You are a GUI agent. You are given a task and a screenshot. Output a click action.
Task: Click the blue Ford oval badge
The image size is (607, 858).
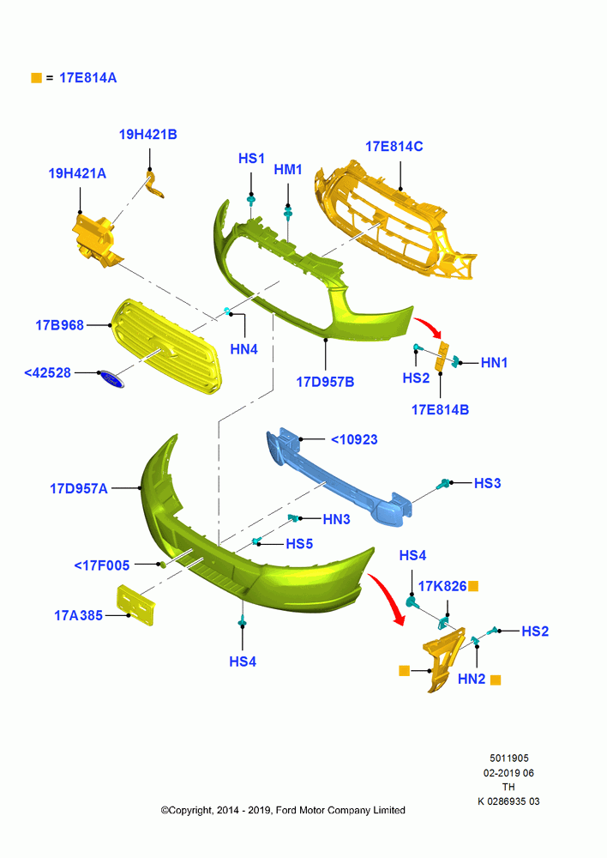pyautogui.click(x=111, y=378)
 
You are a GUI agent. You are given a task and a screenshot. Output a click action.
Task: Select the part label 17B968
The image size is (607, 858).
pyautogui.click(x=60, y=325)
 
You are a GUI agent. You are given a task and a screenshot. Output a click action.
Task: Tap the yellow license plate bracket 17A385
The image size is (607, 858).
pyautogui.click(x=136, y=605)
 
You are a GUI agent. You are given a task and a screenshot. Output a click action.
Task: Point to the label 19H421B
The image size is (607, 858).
pyautogui.click(x=148, y=135)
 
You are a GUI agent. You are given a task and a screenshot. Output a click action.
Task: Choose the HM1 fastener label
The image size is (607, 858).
pyautogui.click(x=288, y=170)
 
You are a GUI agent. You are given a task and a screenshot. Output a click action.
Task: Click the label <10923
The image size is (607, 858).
pyautogui.click(x=354, y=439)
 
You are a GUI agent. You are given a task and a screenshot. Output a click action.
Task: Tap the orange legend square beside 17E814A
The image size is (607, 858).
pyautogui.click(x=37, y=78)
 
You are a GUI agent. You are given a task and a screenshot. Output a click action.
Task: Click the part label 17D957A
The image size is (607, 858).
pyautogui.click(x=79, y=489)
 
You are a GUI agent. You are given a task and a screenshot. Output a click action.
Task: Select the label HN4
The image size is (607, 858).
pyautogui.click(x=243, y=349)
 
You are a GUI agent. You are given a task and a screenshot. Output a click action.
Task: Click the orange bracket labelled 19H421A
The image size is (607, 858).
pyautogui.click(x=96, y=241)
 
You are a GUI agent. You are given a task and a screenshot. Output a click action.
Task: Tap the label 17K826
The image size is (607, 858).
pyautogui.click(x=442, y=587)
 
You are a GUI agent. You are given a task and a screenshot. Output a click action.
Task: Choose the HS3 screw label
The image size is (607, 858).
pyautogui.click(x=488, y=483)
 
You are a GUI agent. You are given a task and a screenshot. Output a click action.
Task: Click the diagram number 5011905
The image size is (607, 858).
pyautogui.click(x=509, y=758)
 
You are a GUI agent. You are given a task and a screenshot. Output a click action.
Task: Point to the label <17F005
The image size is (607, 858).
pyautogui.click(x=102, y=565)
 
